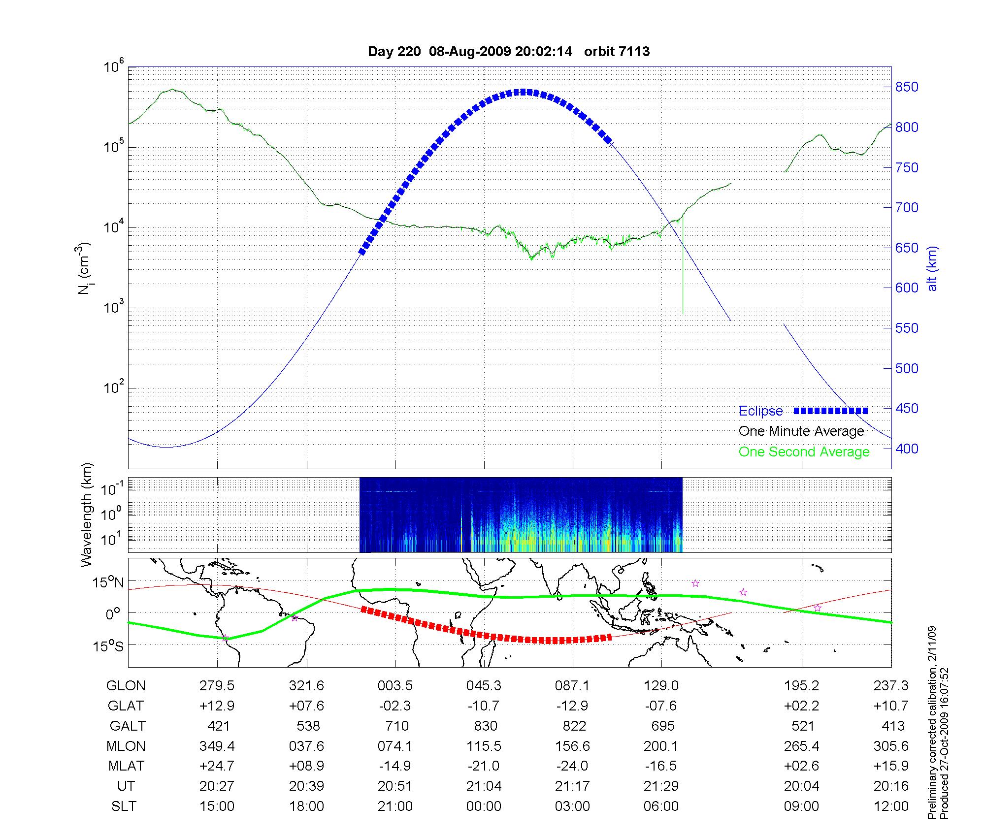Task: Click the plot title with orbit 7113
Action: click(509, 52)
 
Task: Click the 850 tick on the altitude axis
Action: click(907, 87)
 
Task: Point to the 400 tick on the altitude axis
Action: click(907, 449)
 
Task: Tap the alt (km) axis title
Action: click(932, 268)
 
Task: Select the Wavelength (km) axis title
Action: click(87, 515)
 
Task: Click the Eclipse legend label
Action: click(760, 411)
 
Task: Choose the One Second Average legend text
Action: click(804, 452)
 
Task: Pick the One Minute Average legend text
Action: click(801, 431)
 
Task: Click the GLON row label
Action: click(126, 686)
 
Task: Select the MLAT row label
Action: click(126, 766)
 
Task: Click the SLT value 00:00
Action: click(484, 806)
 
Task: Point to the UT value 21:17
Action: click(572, 786)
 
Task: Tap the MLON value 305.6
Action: click(891, 746)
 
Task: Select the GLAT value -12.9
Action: click(572, 706)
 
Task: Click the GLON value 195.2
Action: click(802, 686)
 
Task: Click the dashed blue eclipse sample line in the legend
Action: click(830, 411)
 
